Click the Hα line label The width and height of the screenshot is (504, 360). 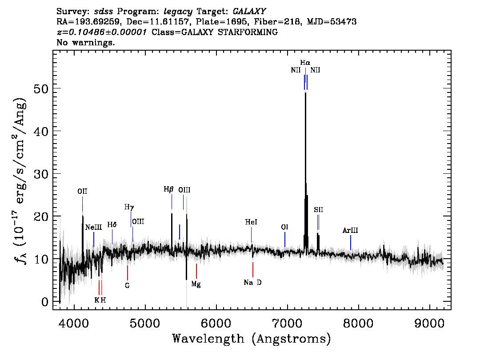click(x=305, y=62)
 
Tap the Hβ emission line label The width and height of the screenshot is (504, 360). click(x=168, y=189)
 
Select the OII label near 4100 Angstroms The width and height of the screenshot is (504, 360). click(x=82, y=191)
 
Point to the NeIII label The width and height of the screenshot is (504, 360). click(x=93, y=227)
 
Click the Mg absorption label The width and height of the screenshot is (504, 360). click(x=196, y=284)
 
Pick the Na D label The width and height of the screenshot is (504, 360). click(x=252, y=283)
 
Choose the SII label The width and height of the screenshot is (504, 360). click(x=319, y=210)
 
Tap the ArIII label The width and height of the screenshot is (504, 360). click(x=350, y=230)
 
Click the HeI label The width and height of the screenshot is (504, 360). click(x=251, y=222)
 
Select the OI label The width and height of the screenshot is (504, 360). click(x=284, y=227)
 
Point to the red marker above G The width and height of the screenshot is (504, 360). click(x=127, y=272)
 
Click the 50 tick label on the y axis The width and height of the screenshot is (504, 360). click(x=41, y=88)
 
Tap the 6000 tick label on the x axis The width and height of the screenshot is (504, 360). click(x=216, y=323)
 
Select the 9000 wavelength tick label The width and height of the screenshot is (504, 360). click(x=429, y=323)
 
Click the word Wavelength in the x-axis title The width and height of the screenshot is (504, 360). click(x=208, y=339)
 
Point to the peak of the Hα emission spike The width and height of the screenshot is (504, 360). click(x=305, y=92)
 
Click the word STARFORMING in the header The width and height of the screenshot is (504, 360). click(x=248, y=32)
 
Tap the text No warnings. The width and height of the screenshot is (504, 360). click(x=85, y=42)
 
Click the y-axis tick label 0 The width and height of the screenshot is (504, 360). click(x=45, y=301)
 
